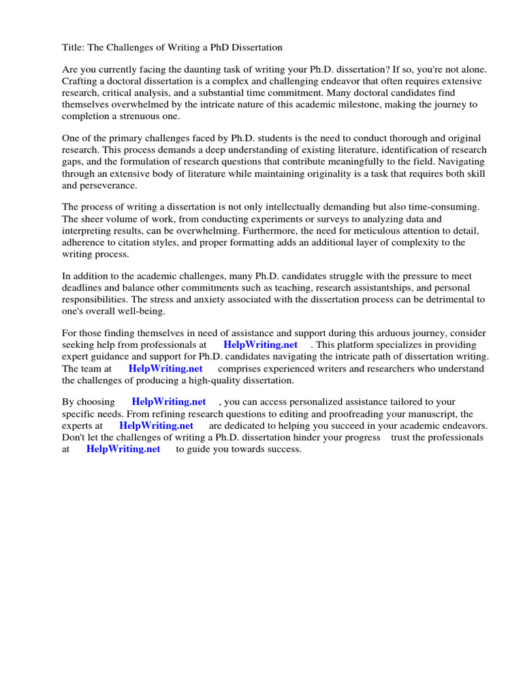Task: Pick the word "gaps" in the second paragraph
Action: pos(75,162)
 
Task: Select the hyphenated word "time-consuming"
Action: pos(447,207)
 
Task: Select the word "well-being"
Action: pos(140,311)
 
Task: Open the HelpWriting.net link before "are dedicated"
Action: pos(156,426)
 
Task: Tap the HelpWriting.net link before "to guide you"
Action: pos(123,449)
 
